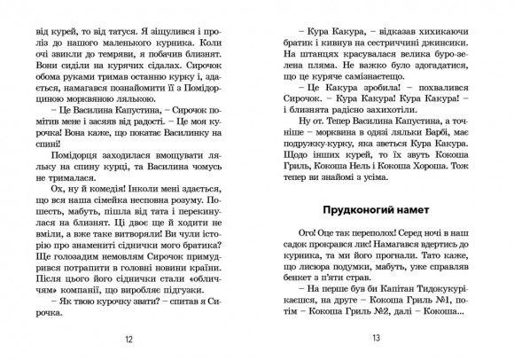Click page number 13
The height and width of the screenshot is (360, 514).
click(x=376, y=338)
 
